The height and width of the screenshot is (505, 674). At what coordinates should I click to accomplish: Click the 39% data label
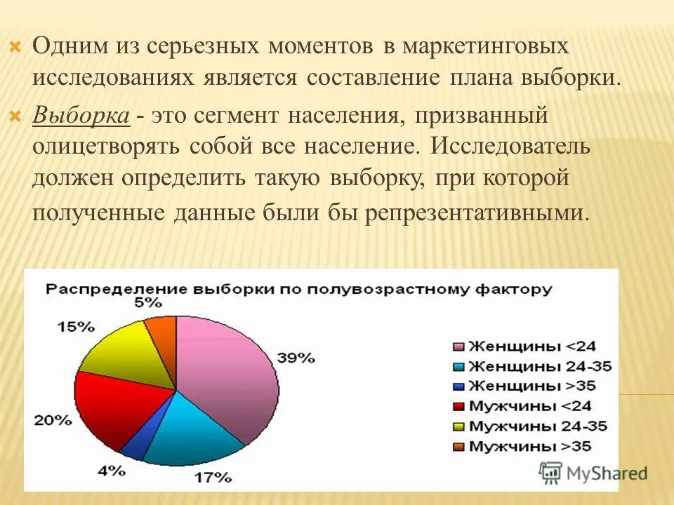pos(296,357)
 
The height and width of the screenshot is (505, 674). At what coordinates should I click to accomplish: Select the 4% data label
pos(111,471)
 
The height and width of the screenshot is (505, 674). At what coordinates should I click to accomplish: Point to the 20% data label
pos(52,421)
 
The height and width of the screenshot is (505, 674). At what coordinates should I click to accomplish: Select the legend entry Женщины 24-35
pos(537,366)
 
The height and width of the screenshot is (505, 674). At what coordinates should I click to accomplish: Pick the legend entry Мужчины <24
pos(530,405)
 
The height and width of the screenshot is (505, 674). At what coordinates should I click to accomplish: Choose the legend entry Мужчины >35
pos(530,445)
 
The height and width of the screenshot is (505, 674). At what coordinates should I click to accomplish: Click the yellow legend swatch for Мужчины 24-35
pos(458,426)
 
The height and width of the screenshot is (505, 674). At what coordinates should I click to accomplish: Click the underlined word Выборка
pos(81,116)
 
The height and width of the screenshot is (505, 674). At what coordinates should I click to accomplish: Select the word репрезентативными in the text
pos(473,213)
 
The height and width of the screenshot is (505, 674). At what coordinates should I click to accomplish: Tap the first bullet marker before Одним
pos(15,48)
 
